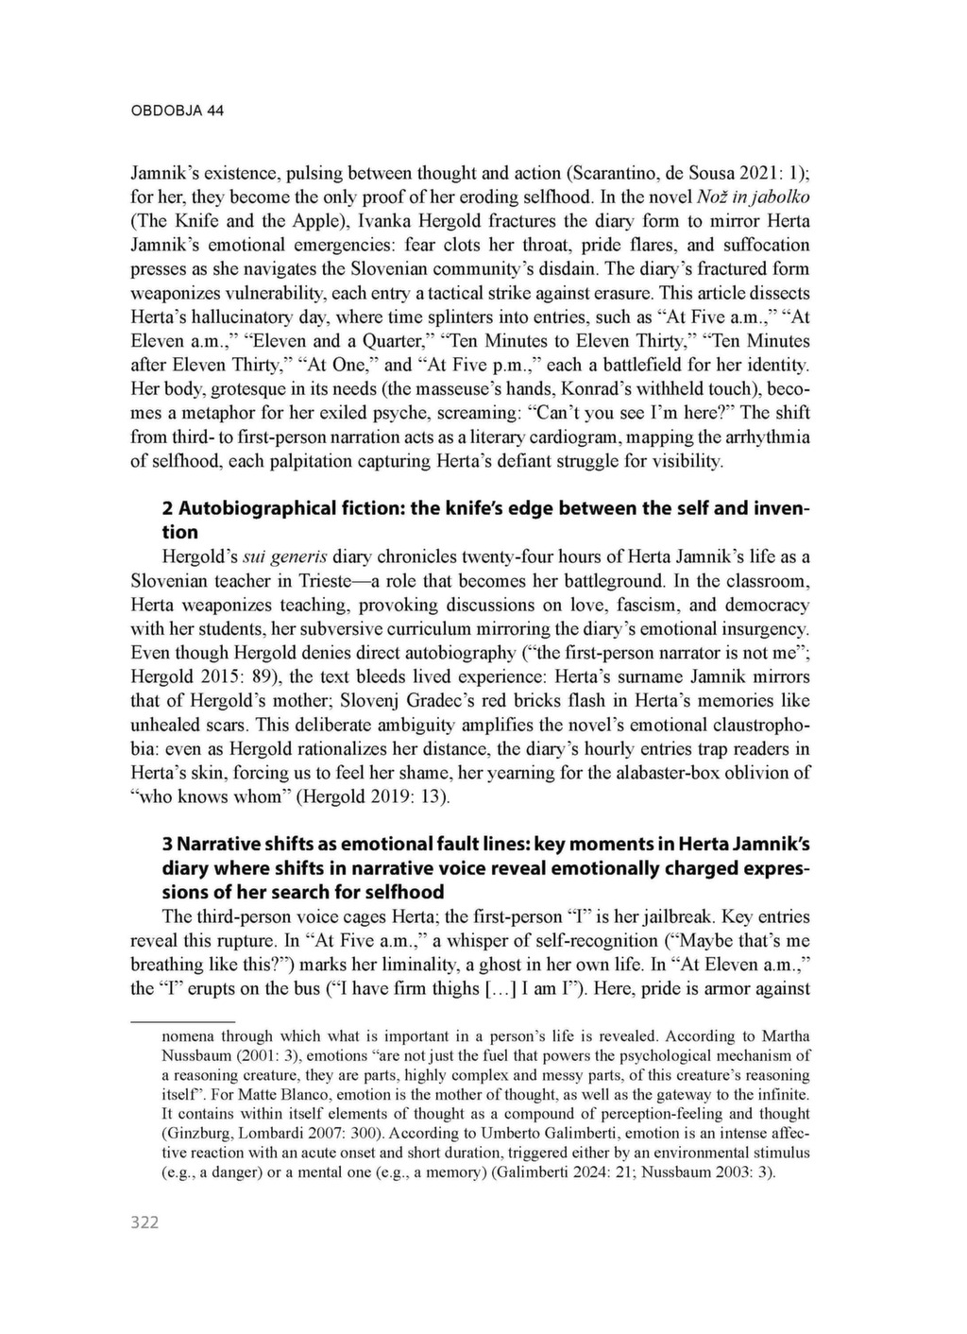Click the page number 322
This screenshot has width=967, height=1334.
144,1223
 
